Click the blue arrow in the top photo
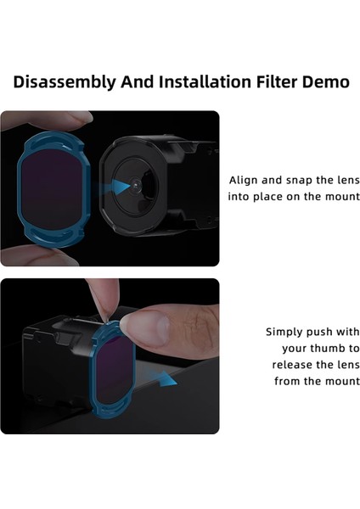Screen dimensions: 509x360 (x=124, y=184)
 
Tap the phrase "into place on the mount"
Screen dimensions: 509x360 (x=293, y=197)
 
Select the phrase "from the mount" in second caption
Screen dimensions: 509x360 (x=317, y=381)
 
